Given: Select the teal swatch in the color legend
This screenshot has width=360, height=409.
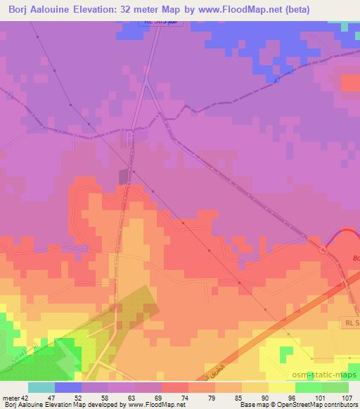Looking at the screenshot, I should coord(41,387).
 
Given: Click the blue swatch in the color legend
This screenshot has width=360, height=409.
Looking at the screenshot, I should coord(68,387).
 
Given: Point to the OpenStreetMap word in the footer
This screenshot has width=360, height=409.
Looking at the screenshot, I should coord(295,405).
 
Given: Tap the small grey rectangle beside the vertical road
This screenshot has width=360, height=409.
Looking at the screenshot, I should coord(124,176).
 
